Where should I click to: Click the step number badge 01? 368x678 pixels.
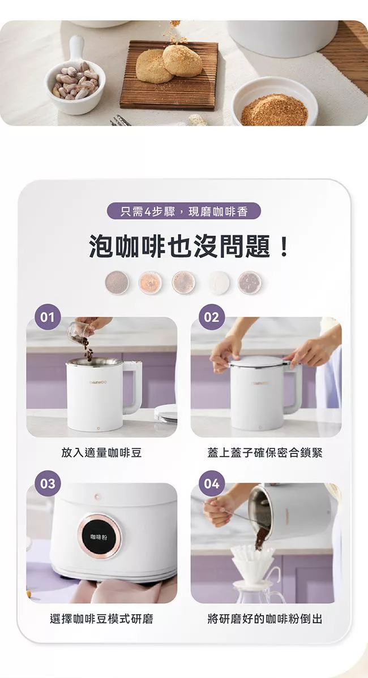pyautogui.click(x=48, y=317)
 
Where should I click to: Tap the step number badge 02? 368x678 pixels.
pyautogui.click(x=212, y=317)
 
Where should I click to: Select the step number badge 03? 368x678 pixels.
pyautogui.click(x=48, y=483)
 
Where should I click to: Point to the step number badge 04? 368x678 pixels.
pyautogui.click(x=212, y=483)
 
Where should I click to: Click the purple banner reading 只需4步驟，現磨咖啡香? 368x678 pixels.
pyautogui.click(x=184, y=211)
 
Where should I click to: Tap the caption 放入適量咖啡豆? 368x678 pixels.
pyautogui.click(x=102, y=452)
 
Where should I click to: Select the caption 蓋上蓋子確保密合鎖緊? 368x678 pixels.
pyautogui.click(x=265, y=452)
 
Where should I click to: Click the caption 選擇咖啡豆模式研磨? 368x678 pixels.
pyautogui.click(x=102, y=618)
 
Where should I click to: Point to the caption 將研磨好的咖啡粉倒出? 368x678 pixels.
pyautogui.click(x=265, y=618)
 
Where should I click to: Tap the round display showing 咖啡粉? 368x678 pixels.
pyautogui.click(x=99, y=536)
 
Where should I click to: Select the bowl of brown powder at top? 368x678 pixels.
pyautogui.click(x=275, y=104)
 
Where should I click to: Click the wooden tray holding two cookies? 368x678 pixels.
pyautogui.click(x=169, y=75)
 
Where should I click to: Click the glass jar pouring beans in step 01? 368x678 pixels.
pyautogui.click(x=79, y=331)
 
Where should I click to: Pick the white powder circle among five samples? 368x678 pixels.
pyautogui.click(x=219, y=283)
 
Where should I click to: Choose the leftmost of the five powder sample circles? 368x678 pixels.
pyautogui.click(x=117, y=283)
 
